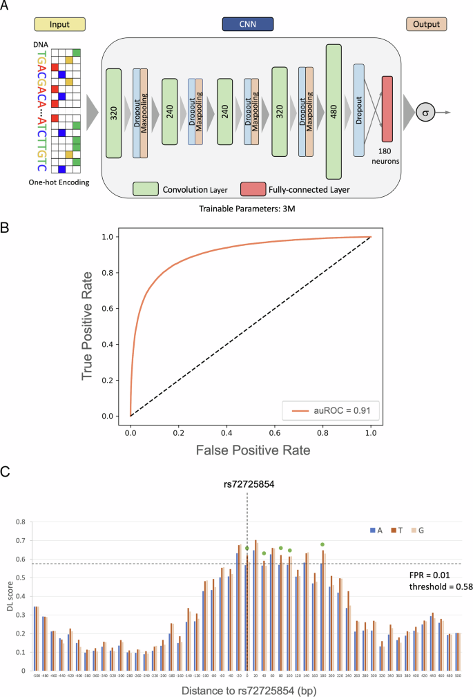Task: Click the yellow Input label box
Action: [x=59, y=25]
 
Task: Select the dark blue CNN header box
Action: [x=247, y=25]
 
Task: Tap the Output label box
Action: [x=425, y=25]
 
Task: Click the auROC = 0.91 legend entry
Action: [x=330, y=412]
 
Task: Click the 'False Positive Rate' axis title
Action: [x=251, y=449]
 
